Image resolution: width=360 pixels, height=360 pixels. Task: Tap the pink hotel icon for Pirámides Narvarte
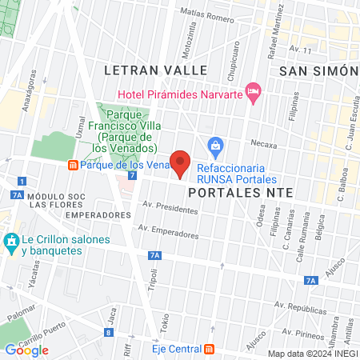tap(254, 94)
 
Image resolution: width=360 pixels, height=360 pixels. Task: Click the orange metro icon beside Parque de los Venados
tap(74, 165)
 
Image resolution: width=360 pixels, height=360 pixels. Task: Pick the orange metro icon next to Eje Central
tap(209, 349)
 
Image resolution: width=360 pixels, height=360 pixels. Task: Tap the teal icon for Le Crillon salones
tap(11, 241)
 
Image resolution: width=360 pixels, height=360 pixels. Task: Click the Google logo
tap(26, 350)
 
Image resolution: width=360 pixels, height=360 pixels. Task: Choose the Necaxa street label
tap(286, 146)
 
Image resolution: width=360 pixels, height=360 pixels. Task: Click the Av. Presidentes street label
tap(170, 208)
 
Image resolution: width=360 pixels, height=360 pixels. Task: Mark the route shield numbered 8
tap(109, 333)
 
